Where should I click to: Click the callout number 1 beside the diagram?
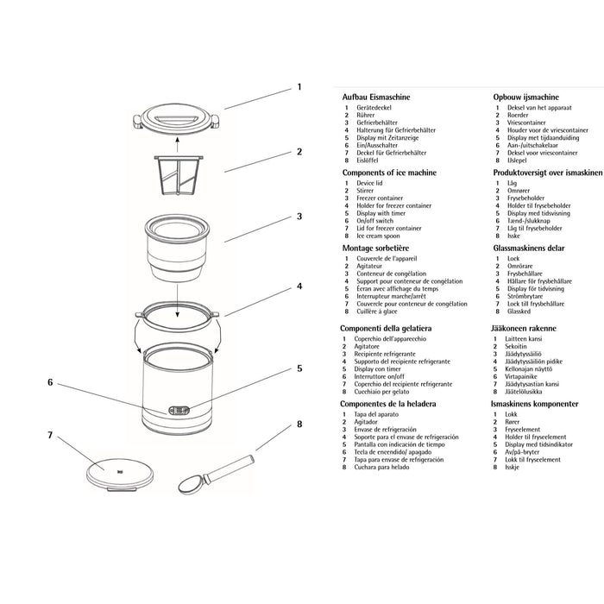pyautogui.click(x=299, y=87)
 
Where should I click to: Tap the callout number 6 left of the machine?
pyautogui.click(x=50, y=381)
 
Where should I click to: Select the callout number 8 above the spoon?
pyautogui.click(x=299, y=424)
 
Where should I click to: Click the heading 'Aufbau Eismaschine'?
pyautogui.click(x=377, y=99)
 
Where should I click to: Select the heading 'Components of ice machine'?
pyautogui.click(x=391, y=173)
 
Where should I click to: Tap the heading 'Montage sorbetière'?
pyautogui.click(x=377, y=248)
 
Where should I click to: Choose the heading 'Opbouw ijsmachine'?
pyautogui.click(x=525, y=99)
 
